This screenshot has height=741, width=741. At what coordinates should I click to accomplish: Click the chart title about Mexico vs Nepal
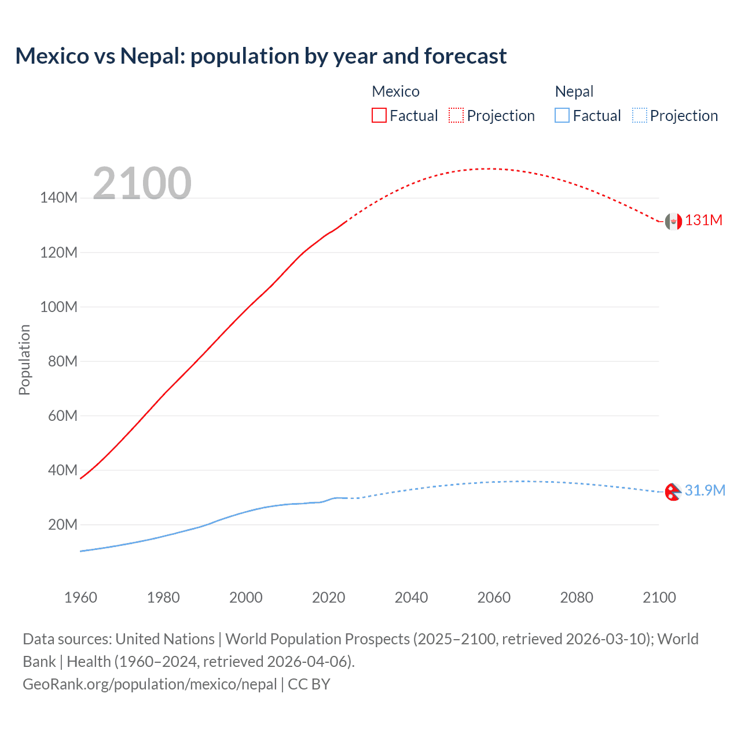[261, 56]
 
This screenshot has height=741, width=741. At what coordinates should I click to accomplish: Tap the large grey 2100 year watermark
[142, 184]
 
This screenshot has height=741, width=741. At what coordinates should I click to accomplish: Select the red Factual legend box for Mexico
[379, 115]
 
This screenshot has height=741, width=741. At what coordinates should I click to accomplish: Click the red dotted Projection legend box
[456, 115]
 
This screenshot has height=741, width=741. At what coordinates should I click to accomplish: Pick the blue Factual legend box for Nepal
[562, 115]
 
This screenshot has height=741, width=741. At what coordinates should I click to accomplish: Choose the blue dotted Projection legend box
[640, 115]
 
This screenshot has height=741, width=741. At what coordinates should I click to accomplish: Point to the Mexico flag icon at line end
[673, 221]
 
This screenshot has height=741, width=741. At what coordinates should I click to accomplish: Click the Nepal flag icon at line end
[673, 491]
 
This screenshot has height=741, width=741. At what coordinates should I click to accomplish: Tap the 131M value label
[703, 221]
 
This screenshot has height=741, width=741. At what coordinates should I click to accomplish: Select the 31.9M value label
[705, 490]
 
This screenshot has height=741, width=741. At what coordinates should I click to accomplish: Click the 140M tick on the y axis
[58, 198]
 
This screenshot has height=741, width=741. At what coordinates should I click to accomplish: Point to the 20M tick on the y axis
[63, 524]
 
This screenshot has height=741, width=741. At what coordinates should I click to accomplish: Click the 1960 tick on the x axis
[80, 597]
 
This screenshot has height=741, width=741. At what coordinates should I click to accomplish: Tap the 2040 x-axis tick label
[411, 597]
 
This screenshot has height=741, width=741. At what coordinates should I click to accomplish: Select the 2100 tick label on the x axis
[659, 597]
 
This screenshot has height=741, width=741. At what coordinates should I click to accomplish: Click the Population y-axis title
[24, 360]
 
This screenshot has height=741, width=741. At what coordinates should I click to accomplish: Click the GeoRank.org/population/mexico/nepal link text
[150, 684]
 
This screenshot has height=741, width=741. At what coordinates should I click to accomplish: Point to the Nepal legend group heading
[574, 91]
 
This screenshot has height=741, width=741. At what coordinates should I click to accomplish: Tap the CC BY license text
[309, 684]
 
